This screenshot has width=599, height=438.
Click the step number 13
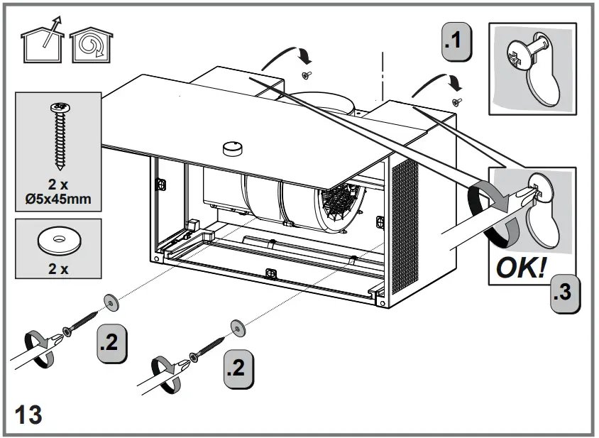[28, 414]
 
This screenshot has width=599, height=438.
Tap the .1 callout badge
[455, 40]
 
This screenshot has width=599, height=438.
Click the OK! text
[521, 268]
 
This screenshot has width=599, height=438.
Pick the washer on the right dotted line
[236, 329]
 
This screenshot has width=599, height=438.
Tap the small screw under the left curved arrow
[305, 75]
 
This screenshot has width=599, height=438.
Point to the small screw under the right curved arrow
[458, 102]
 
